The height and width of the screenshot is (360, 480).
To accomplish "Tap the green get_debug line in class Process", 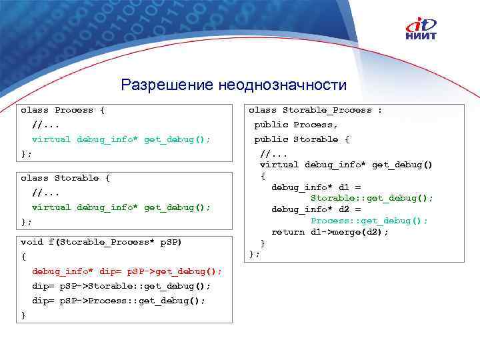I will pyautogui.click(x=121, y=139).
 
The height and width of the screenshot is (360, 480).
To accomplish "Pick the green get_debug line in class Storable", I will pyautogui.click(x=121, y=207).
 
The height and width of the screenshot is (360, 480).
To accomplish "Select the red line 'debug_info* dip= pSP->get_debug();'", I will pyautogui.click(x=127, y=271).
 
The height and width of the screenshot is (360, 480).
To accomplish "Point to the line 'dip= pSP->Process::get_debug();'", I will pyautogui.click(x=119, y=301).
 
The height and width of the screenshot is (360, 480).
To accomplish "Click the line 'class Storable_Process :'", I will pyautogui.click(x=315, y=110).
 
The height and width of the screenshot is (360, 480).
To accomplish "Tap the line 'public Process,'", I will pyautogui.click(x=296, y=125).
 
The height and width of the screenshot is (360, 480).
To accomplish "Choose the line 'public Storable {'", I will pyautogui.click(x=301, y=139).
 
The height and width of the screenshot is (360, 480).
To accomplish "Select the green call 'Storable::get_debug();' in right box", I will pyautogui.click(x=371, y=198).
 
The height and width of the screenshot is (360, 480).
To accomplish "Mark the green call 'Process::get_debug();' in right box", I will pyautogui.click(x=369, y=221).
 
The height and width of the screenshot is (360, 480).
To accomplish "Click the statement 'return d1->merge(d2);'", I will pyautogui.click(x=329, y=232).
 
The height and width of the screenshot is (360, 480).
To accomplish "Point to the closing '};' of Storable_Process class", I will pyautogui.click(x=254, y=254).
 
